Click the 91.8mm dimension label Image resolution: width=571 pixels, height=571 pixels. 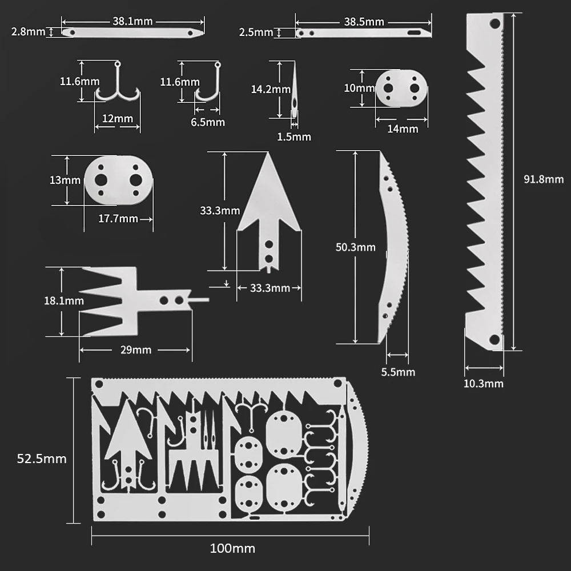click(544, 179)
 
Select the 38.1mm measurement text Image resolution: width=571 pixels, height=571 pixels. click(132, 21)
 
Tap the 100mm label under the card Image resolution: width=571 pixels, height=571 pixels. click(232, 548)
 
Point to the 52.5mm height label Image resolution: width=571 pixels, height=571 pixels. click(42, 459)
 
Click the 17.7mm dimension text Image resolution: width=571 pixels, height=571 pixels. click(118, 219)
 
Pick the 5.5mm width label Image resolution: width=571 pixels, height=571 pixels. click(398, 372)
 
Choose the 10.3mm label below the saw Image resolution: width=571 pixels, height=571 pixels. click(483, 384)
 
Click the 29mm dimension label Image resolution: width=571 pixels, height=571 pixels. click(136, 350)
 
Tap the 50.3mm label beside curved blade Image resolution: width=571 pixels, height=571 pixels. click(355, 247)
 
